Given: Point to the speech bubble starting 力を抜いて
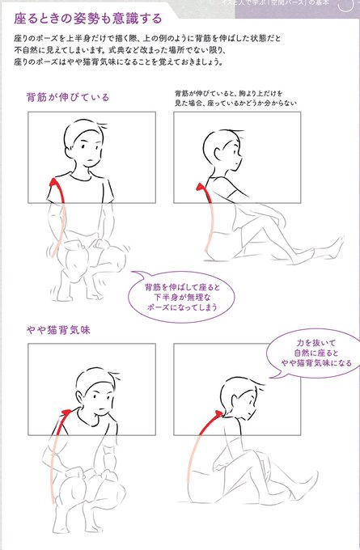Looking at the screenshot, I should (311, 353).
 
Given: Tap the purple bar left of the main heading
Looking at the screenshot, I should (7, 17).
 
